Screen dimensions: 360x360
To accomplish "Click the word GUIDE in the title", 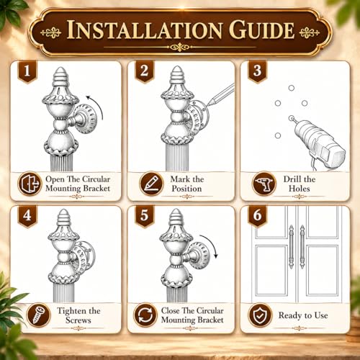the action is coord(261,30).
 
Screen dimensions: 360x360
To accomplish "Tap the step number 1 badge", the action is coord(27,71).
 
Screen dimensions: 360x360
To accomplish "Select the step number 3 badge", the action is coord(257,71).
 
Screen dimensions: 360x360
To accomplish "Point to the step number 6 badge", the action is coord(257,215).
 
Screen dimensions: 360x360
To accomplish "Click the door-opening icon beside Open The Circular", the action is coord(30,184).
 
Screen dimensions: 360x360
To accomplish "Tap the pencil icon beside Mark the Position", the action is coord(151,184).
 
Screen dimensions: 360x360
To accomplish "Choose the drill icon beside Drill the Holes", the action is coord(264,184).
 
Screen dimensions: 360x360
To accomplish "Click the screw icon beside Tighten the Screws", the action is coord(38,315).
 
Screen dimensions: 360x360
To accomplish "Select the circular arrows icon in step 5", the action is coord(145,315).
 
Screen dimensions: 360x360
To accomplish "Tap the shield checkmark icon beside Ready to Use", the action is coord(260,315).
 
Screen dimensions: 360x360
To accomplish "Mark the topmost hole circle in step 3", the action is coord(292,88).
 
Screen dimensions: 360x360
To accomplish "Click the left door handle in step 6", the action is coord(292,247).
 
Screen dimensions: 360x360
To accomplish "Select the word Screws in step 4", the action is coord(78,320).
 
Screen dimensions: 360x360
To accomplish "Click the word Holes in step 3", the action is coord(299,189).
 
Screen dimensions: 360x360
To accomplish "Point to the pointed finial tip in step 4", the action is coord(64,210).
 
